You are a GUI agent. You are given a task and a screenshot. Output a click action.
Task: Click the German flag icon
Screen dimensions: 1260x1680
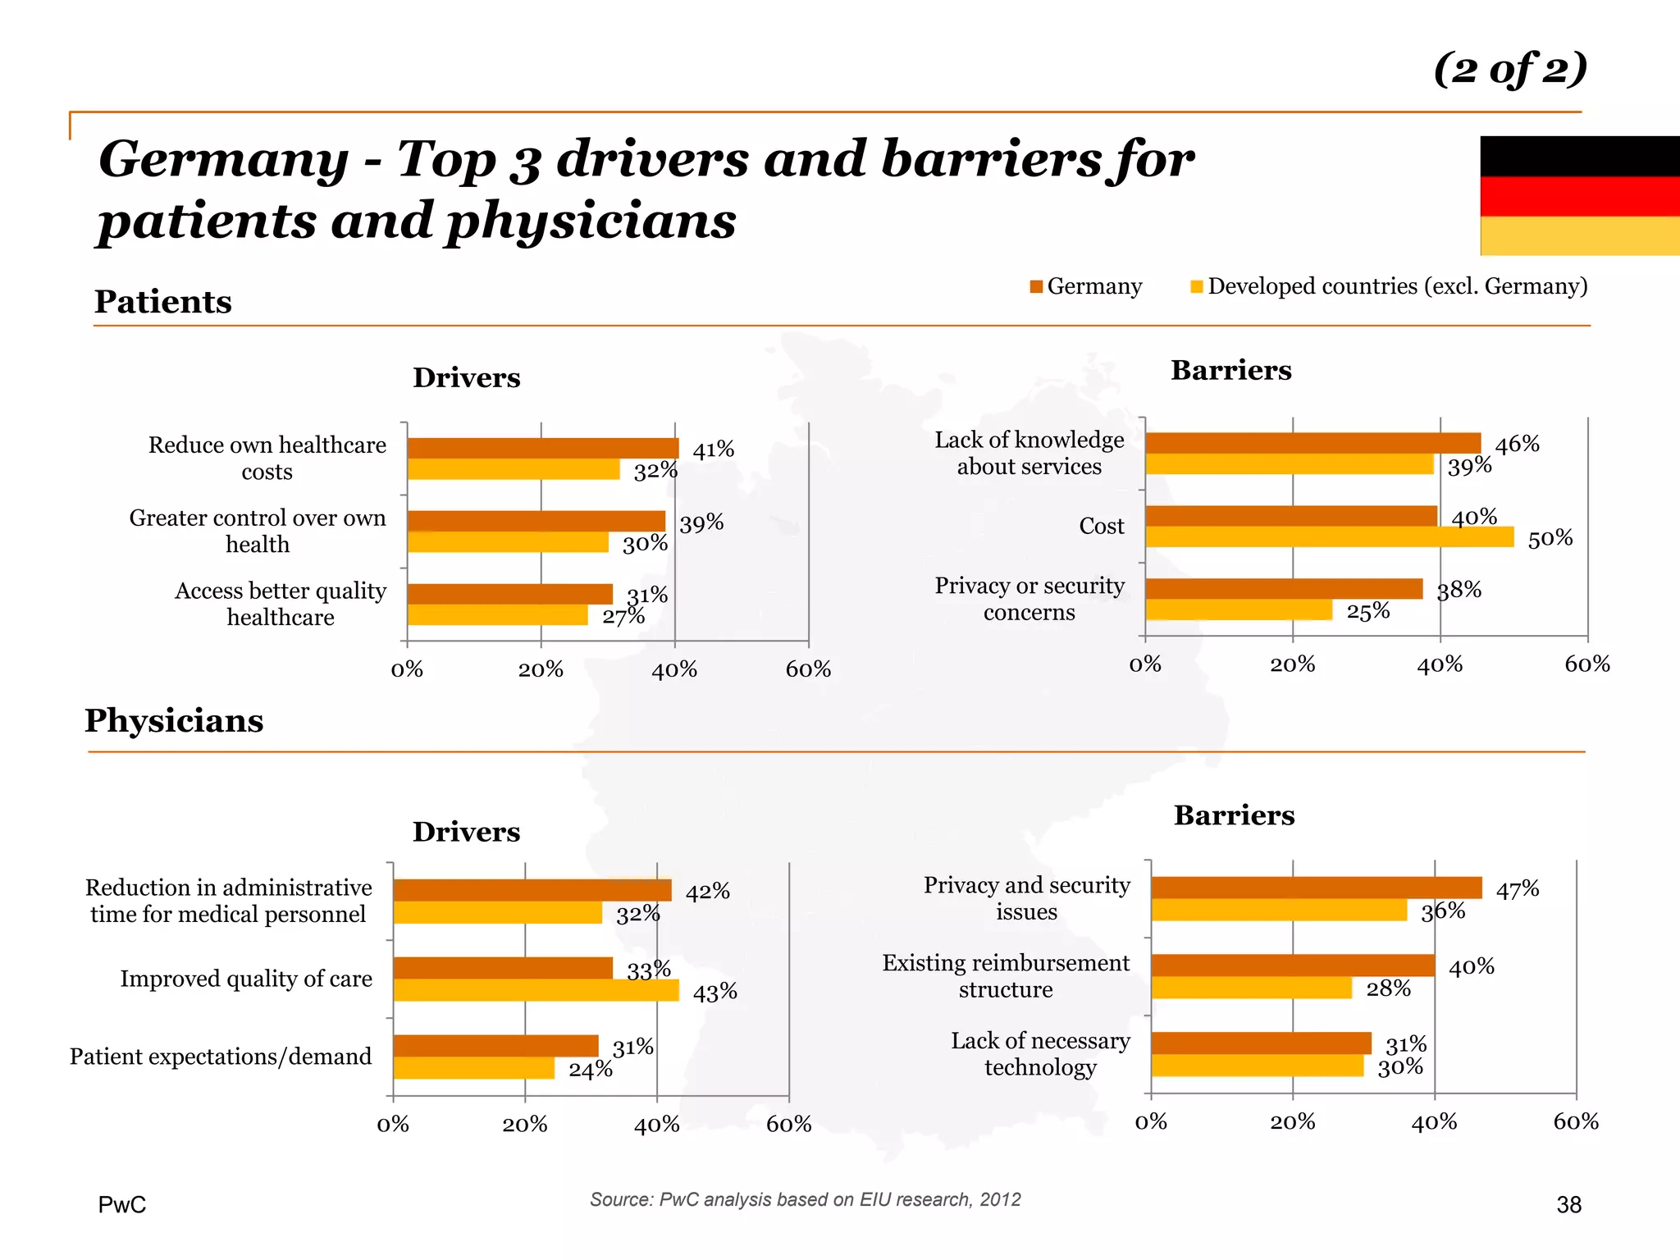click(x=1579, y=195)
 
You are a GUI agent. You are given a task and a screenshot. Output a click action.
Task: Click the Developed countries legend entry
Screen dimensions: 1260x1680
click(x=1389, y=286)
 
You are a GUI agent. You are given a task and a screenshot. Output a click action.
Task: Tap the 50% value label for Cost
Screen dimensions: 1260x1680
click(x=1550, y=538)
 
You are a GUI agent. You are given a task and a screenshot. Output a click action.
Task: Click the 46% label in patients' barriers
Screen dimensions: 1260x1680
click(x=1517, y=444)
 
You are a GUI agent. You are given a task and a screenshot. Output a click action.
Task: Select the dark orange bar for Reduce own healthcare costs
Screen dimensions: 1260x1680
click(x=542, y=448)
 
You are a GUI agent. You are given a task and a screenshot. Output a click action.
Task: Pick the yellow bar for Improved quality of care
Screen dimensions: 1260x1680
click(x=536, y=990)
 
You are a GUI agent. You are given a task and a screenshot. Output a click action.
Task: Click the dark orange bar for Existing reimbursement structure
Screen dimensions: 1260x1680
click(x=1293, y=965)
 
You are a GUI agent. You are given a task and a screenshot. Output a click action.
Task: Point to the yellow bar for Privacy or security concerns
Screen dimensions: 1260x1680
click(x=1239, y=610)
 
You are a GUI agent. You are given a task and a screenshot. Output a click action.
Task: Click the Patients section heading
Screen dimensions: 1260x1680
click(x=162, y=302)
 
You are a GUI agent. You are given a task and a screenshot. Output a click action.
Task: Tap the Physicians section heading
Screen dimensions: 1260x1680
click(x=174, y=721)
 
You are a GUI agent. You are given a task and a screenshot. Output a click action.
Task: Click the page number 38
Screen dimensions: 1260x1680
click(x=1568, y=1204)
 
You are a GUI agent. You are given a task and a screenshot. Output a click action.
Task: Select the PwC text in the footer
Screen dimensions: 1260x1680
click(x=122, y=1204)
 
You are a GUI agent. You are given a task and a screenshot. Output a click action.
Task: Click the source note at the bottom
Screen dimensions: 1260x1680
click(x=805, y=1199)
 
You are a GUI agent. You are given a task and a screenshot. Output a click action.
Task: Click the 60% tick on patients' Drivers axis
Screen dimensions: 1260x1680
click(x=808, y=669)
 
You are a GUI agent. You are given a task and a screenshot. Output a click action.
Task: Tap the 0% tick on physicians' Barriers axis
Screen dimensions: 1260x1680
click(x=1151, y=1121)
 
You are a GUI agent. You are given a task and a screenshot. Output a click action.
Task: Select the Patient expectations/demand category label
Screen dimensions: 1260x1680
click(x=221, y=1057)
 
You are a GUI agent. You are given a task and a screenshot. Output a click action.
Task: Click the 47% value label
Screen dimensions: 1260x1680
click(x=1517, y=889)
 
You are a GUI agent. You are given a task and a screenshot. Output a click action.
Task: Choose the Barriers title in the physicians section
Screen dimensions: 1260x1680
click(x=1234, y=815)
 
